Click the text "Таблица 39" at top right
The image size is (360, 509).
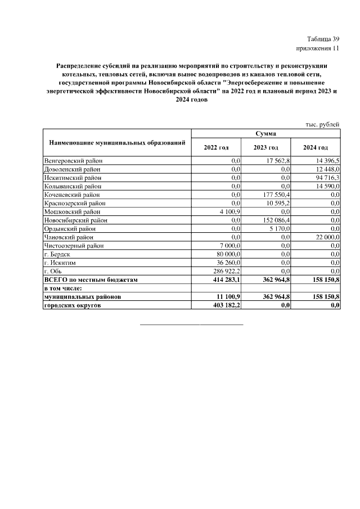click(323, 39)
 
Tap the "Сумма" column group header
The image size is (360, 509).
click(265, 133)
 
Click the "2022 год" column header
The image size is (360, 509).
click(216, 147)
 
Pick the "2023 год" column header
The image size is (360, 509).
click(265, 147)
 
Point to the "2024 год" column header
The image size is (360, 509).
click(315, 147)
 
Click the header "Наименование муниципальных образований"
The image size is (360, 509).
click(117, 143)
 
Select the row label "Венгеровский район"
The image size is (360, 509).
click(73, 161)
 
